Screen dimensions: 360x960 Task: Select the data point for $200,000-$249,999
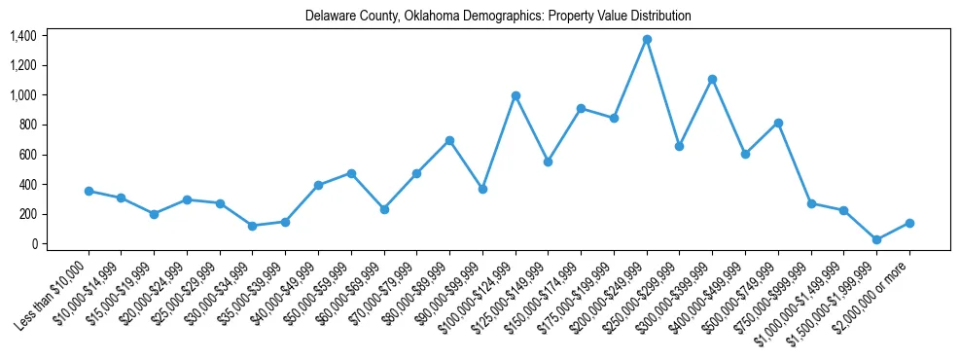[x=647, y=39]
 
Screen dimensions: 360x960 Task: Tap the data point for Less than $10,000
[x=89, y=191]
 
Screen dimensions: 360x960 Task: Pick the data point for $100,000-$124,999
[x=516, y=95]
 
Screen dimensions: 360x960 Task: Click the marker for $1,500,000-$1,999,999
[x=876, y=239]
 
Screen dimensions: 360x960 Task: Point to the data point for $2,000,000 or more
[x=909, y=223]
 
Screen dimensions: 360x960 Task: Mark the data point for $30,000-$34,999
[x=253, y=226]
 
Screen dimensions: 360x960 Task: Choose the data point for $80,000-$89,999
[x=449, y=140]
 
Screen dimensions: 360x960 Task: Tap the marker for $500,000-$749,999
[x=778, y=123]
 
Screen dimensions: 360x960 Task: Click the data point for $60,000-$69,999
[x=384, y=209]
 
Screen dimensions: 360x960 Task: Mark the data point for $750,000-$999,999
[x=811, y=203]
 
